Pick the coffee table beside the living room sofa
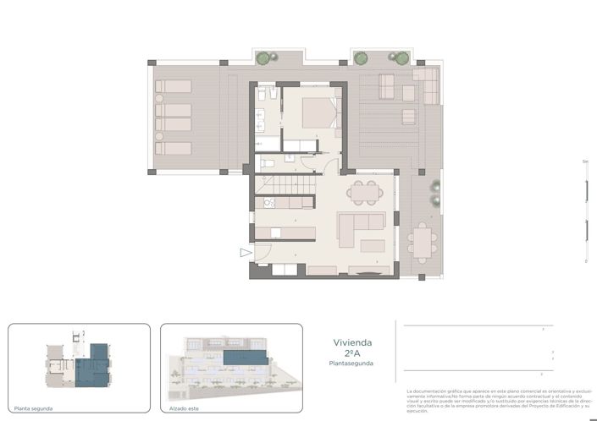[x=373, y=246]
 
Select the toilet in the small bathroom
[x=266, y=163]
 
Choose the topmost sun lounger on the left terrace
[x=173, y=86]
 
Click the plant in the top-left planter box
[x=265, y=58]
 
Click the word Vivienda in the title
[x=351, y=343]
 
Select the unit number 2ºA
[x=351, y=353]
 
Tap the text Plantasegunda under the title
[x=351, y=364]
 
